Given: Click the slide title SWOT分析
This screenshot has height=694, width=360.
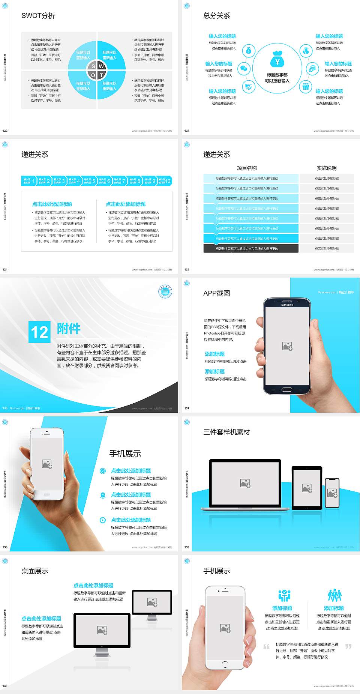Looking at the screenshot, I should click(38, 16).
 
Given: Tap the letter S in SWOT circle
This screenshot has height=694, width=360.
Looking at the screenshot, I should click(93, 66).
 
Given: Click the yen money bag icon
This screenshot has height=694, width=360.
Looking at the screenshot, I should click(277, 59).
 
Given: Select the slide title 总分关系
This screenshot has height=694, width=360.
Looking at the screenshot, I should click(216, 16).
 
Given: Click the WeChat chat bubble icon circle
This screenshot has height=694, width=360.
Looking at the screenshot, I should click(244, 69).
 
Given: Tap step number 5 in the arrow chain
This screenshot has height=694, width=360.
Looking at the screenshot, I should click(94, 181).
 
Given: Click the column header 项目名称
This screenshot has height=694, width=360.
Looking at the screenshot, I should click(247, 168).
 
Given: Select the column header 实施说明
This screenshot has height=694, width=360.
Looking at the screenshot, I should click(326, 168).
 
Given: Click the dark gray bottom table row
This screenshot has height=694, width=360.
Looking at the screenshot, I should click(251, 248).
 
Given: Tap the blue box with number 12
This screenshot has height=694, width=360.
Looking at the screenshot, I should click(39, 332).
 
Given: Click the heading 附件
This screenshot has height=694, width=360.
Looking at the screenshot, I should click(69, 329).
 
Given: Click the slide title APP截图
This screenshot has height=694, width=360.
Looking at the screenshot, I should click(216, 293).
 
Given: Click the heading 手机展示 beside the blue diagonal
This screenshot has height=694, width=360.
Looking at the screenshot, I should click(125, 454).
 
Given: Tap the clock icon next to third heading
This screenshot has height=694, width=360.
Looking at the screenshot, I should click(102, 520).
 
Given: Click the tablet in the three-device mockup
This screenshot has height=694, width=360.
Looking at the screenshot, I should click(307, 488).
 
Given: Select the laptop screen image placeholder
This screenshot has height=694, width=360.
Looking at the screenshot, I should click(245, 483).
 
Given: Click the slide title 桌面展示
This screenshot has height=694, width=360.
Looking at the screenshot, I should click(34, 571).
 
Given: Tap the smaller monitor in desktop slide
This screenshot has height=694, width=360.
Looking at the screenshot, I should click(152, 602).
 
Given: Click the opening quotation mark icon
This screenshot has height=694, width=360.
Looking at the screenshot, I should click(266, 646).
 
